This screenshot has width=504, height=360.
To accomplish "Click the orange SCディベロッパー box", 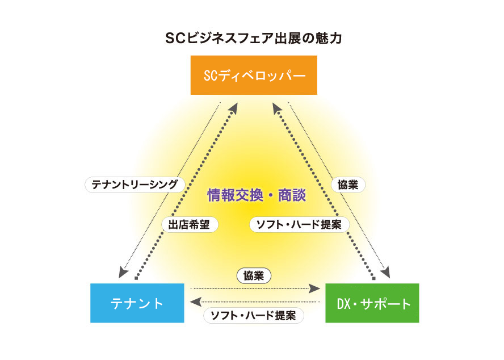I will coord(253,75).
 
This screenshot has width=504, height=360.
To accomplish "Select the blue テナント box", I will coord(137,303).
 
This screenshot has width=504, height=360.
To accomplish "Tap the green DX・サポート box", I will coord(372,303).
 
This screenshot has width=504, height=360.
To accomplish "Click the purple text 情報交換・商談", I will coord(257,196).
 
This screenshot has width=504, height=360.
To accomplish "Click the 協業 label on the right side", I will coord(347,184).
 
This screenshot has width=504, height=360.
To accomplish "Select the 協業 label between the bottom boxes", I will coord(254,276).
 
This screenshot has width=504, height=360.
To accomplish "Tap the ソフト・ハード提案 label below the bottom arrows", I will coord(253,316).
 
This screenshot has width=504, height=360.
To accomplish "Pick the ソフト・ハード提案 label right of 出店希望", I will coord(299,224).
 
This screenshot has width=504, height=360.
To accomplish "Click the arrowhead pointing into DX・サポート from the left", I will coord(314,289).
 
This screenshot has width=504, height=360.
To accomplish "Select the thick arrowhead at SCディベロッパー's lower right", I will coord(276,106).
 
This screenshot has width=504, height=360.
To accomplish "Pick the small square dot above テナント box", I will coord(136,279).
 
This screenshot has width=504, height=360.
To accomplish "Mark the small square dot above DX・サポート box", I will coord(373,279).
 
